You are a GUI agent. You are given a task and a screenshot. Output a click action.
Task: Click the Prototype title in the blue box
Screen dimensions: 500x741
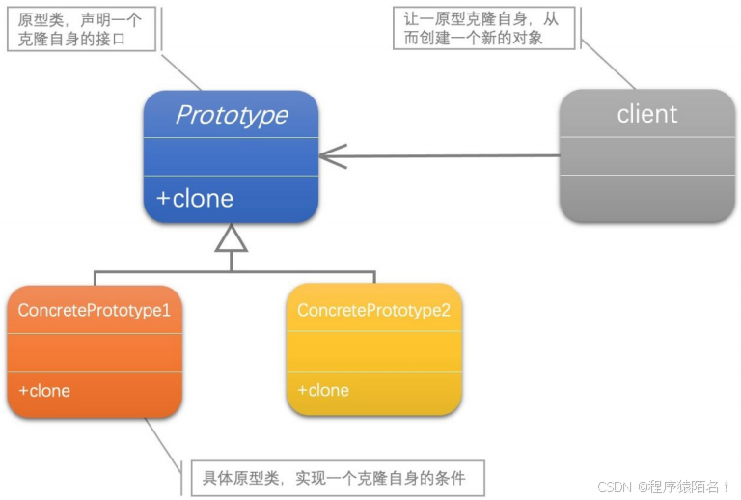click(232, 115)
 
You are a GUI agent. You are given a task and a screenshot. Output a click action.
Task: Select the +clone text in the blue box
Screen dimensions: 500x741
click(195, 199)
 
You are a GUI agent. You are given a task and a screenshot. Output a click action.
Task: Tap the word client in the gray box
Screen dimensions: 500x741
click(646, 114)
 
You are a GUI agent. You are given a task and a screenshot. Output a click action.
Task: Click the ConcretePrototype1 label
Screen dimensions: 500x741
click(95, 311)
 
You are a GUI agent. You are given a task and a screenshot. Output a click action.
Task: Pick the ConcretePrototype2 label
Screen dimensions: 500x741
click(373, 310)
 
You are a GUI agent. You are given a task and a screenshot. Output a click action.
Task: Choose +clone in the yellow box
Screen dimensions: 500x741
click(323, 390)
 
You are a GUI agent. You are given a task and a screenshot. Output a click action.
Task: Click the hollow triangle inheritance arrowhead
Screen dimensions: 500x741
click(232, 237)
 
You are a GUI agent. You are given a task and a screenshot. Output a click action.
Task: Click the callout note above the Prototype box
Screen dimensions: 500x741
click(81, 29)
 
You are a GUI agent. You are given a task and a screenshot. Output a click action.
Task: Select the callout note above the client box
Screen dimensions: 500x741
click(487, 28)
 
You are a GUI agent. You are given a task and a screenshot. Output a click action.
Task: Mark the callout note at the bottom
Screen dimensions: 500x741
click(333, 477)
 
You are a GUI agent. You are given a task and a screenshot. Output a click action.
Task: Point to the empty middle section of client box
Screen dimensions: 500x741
click(646, 156)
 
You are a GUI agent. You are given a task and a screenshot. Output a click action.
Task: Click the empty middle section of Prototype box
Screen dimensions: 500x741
click(232, 156)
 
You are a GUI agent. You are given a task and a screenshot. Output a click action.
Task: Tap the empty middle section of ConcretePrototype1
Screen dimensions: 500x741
click(95, 352)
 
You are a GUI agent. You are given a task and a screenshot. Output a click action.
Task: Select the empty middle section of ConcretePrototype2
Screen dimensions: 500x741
click(373, 351)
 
